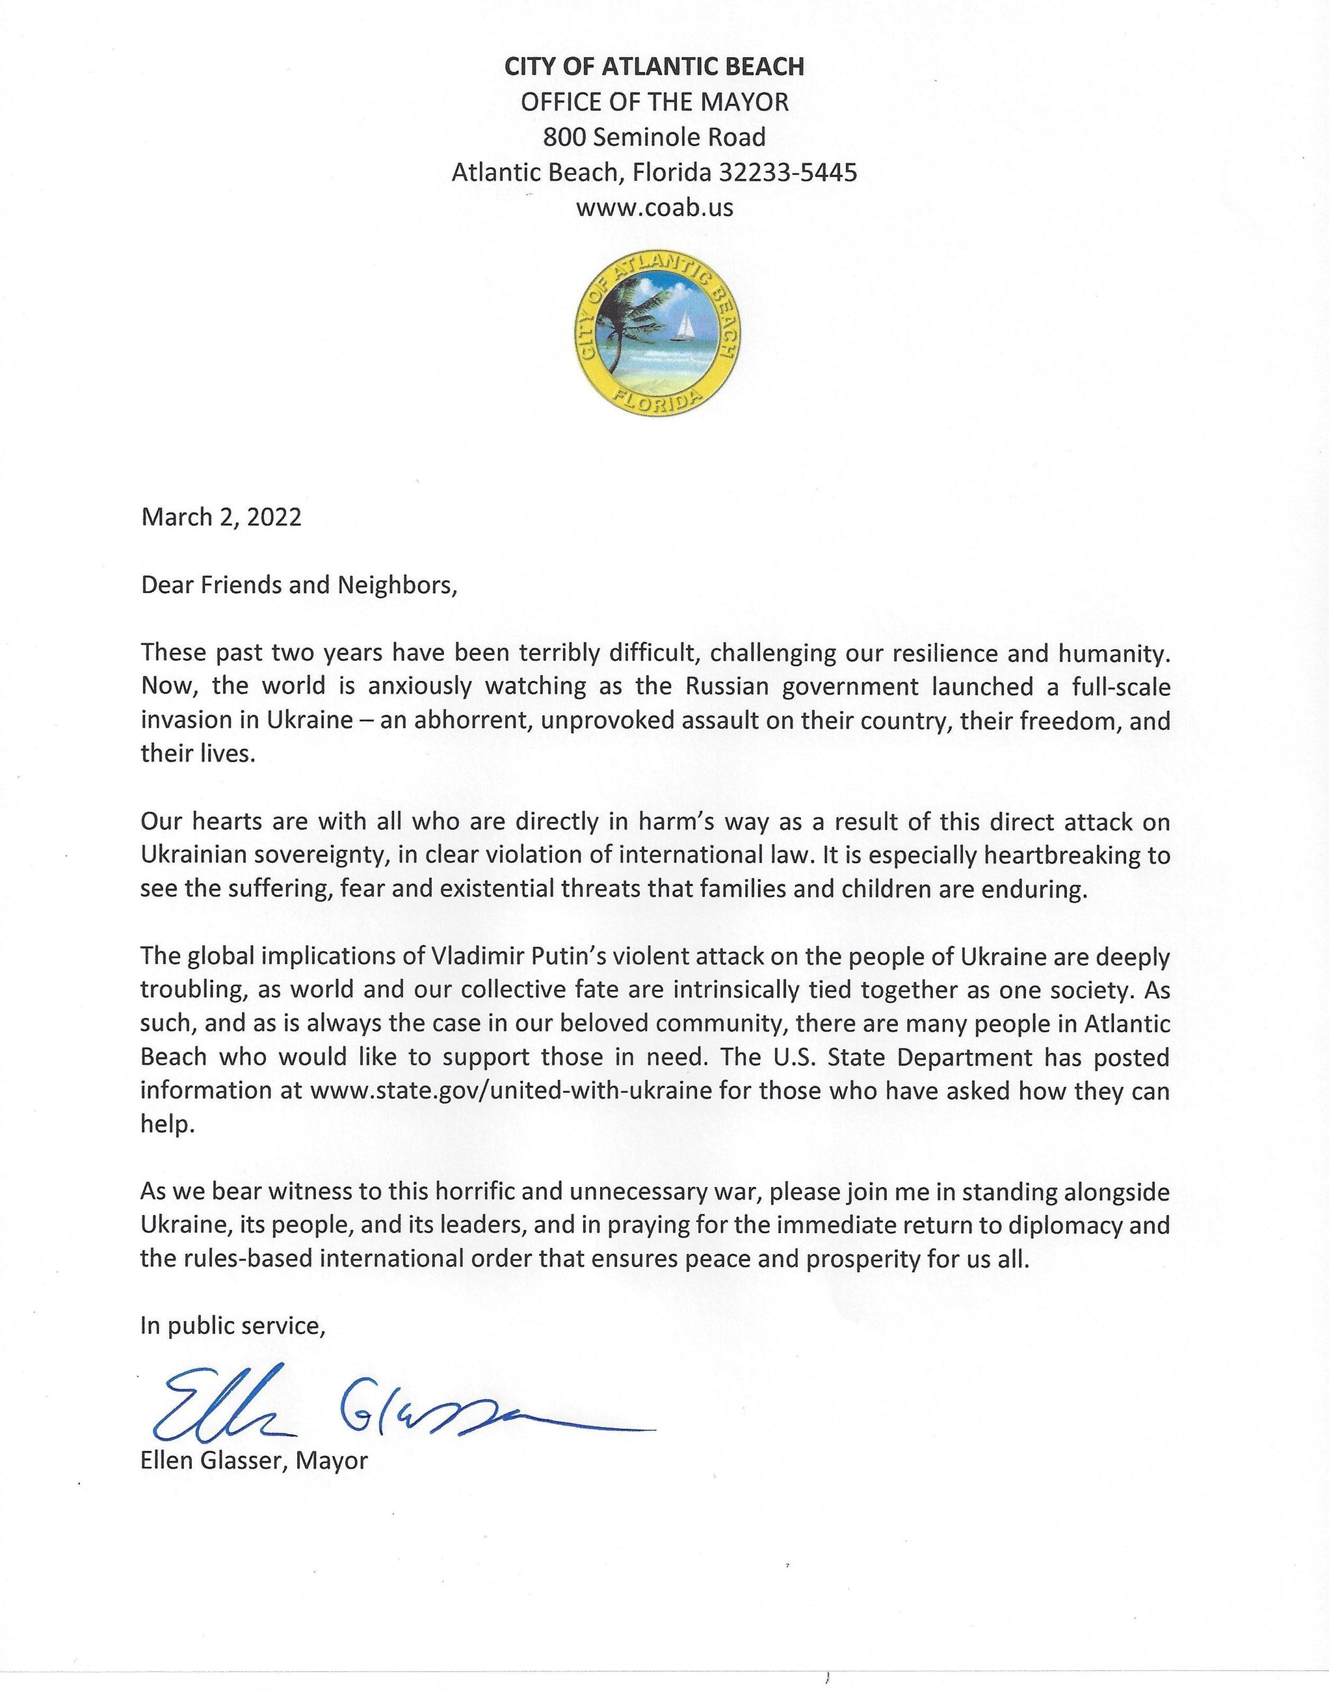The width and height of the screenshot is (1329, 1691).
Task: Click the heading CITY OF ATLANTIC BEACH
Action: point(654,67)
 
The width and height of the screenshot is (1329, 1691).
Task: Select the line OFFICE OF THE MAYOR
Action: point(654,102)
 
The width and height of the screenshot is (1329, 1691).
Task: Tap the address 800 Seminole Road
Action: point(654,137)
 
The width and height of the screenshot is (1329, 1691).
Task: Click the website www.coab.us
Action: point(654,207)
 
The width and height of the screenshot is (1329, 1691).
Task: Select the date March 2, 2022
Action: point(221,518)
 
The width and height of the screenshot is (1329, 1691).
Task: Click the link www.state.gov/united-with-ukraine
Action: point(510,1090)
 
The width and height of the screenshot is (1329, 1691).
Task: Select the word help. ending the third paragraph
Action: point(166,1125)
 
